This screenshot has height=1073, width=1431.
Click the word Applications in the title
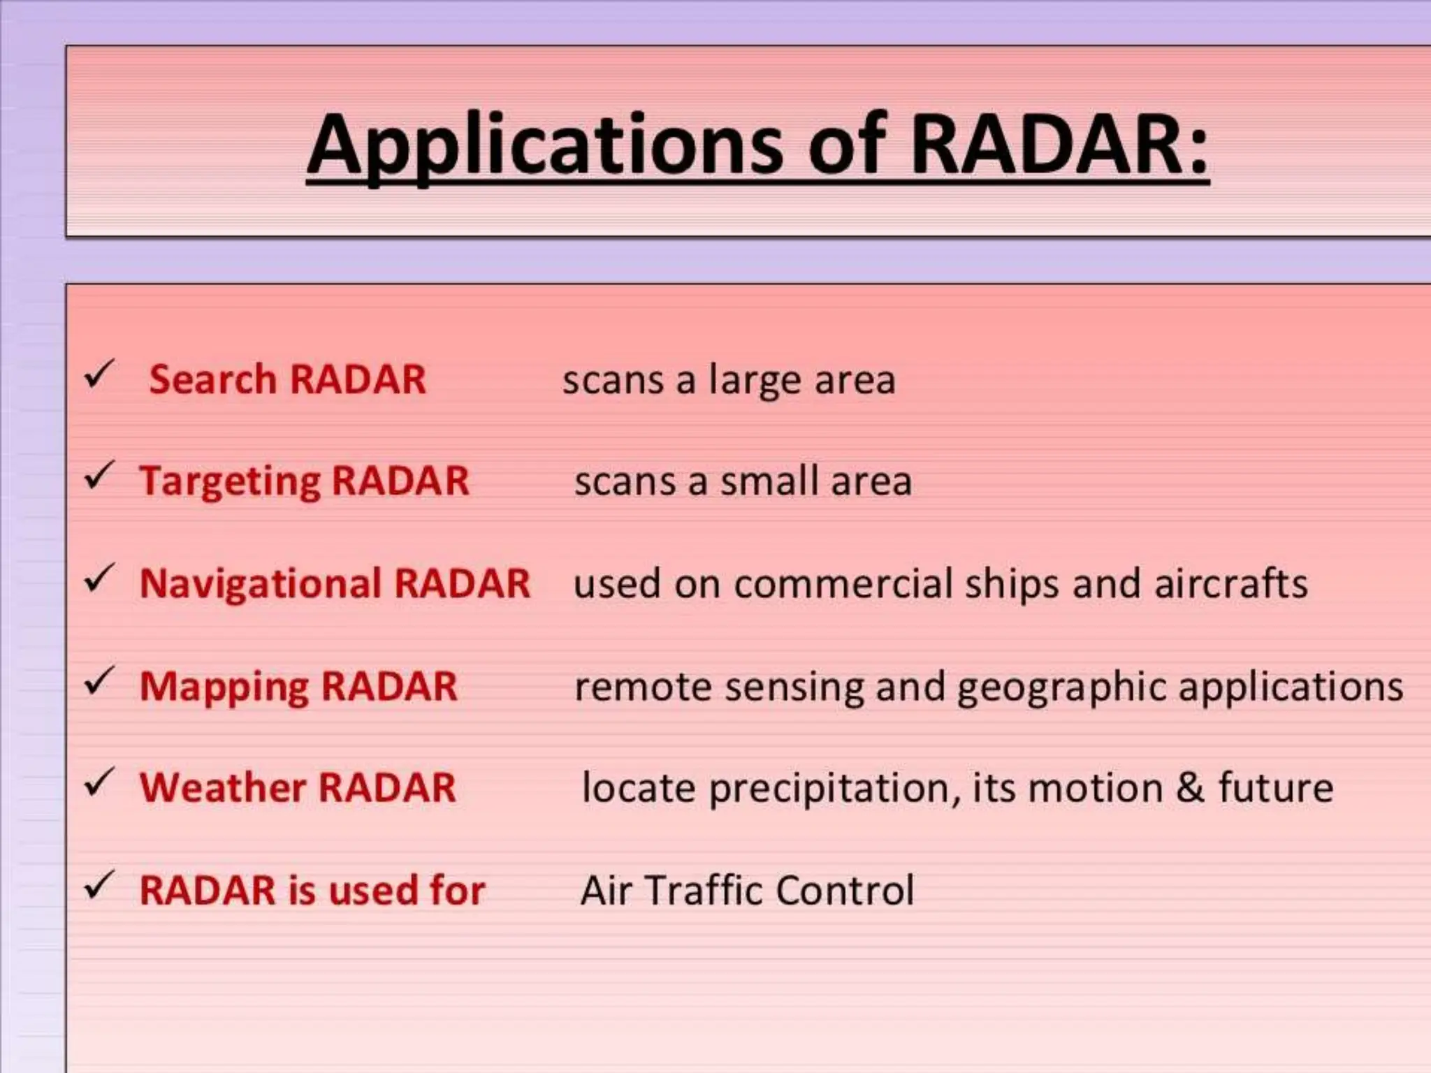tap(545, 145)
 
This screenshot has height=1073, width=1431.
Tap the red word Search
tap(212, 380)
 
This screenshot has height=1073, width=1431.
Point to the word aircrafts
tap(1230, 584)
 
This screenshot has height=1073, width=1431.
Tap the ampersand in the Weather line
tap(1190, 788)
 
